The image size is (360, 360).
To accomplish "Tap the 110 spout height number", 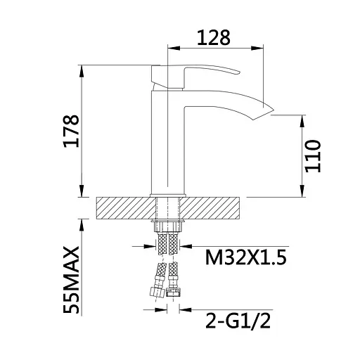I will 313,156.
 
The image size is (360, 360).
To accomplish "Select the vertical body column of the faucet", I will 167,141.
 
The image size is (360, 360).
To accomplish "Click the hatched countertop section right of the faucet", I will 215,209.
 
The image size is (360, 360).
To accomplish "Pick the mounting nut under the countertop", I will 169,225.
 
